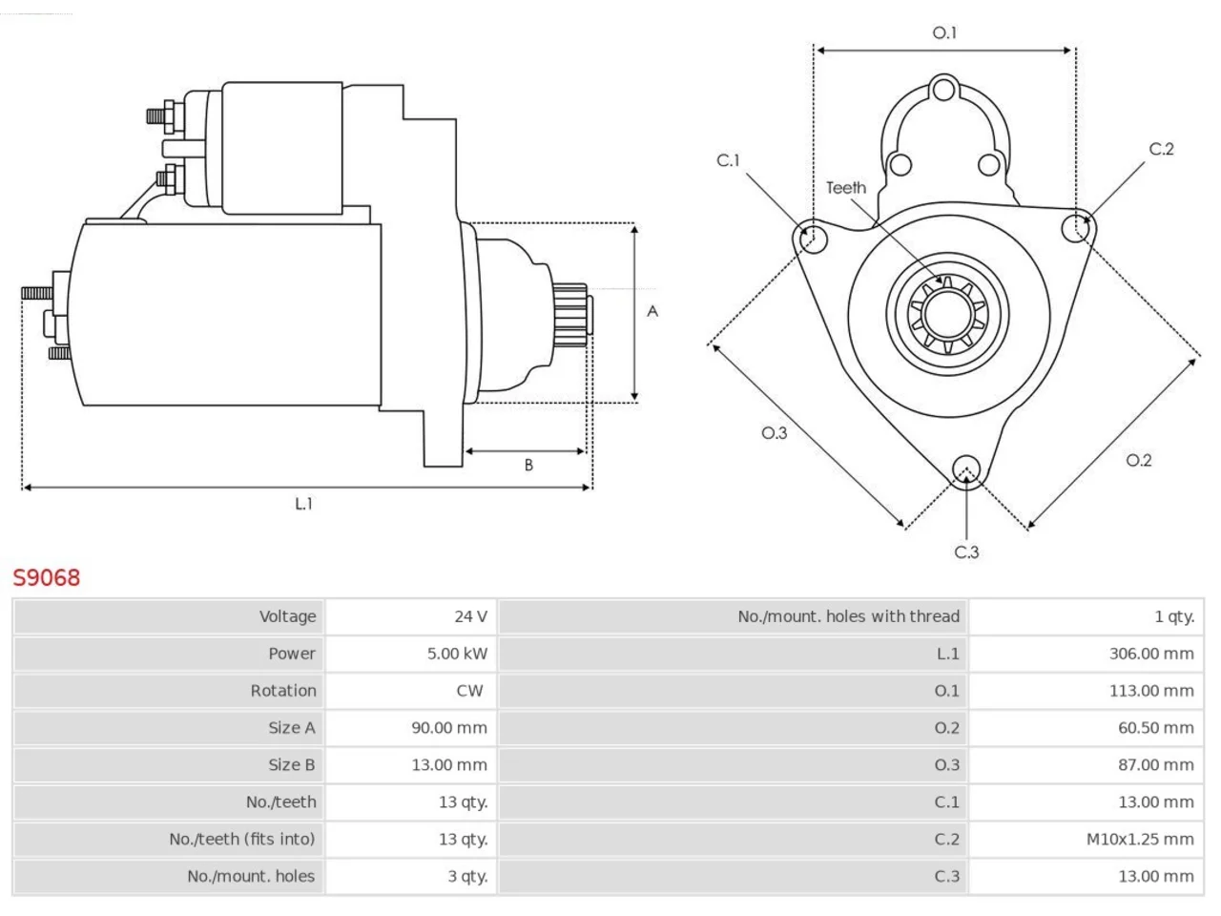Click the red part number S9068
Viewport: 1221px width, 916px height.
pos(46,578)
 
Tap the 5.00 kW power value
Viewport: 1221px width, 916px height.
pos(457,654)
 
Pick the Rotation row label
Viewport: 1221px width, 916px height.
pos(283,691)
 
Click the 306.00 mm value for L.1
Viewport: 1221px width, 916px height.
pos(1151,654)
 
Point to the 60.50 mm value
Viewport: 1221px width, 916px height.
pos(1156,728)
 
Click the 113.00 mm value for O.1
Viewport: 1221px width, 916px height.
pos(1151,691)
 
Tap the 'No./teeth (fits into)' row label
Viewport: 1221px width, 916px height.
pos(242,840)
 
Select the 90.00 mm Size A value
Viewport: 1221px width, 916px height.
pos(449,728)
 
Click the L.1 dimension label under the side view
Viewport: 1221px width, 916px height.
pos(303,504)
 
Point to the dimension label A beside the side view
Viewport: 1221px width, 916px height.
pos(652,311)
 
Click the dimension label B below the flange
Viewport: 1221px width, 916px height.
pos(528,465)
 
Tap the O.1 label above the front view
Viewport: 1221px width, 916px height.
pos(944,33)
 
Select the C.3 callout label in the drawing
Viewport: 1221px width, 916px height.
pos(966,552)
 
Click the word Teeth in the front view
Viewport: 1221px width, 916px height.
pos(846,188)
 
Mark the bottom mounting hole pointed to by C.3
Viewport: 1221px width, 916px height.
pos(966,468)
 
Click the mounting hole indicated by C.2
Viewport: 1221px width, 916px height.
pos(1075,228)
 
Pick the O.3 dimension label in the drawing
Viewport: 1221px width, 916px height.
pos(775,433)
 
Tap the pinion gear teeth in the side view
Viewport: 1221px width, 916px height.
pos(570,315)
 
